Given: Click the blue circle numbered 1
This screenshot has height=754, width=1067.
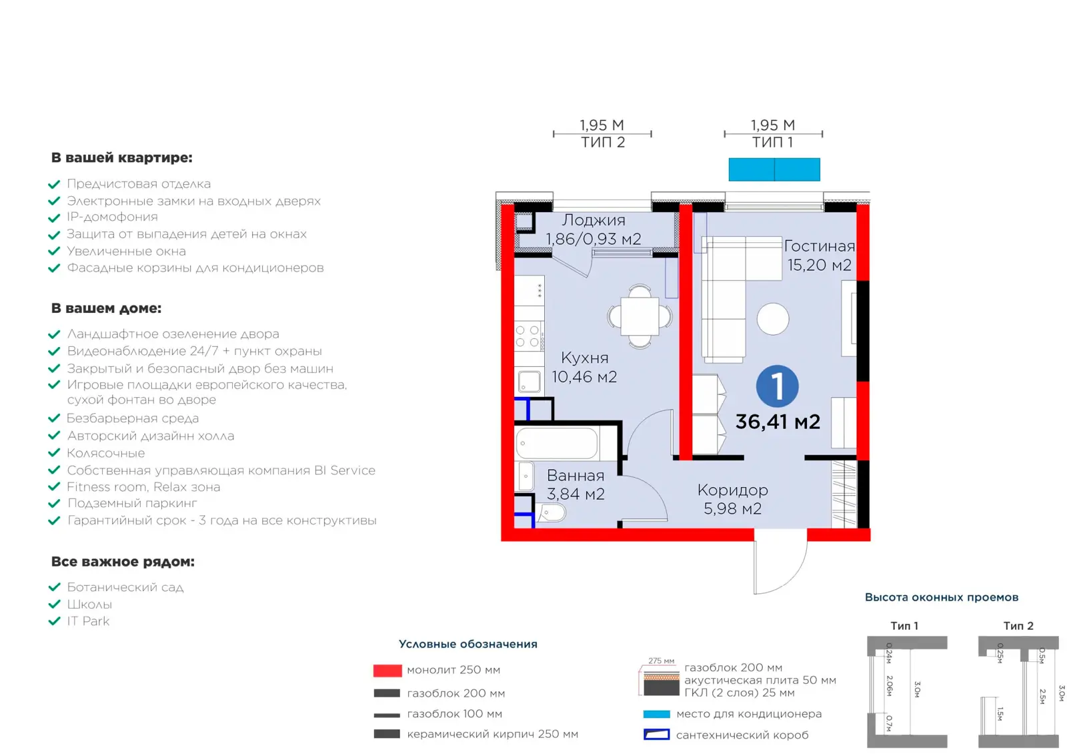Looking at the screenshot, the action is pos(777,386).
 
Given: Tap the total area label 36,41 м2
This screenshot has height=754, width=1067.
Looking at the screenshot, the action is pos(778,422).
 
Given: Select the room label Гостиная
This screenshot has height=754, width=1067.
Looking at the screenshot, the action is pos(820,246).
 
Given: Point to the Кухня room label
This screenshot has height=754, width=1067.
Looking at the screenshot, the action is pos(584,358).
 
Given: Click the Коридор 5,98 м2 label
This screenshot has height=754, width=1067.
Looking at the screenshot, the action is pos(733,499).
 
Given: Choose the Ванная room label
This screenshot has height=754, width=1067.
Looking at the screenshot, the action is pos(576,475).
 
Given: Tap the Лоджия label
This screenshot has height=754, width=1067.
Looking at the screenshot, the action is pos(593,220).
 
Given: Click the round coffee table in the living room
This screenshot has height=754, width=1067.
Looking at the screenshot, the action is pos(773,319).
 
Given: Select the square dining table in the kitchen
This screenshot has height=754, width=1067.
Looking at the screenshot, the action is pos(640,316).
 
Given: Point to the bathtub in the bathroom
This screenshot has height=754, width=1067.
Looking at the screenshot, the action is pos(557,443).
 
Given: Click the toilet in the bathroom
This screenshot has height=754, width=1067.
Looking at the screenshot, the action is pos(551,513).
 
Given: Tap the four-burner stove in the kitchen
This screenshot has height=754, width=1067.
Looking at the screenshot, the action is pos(528,336).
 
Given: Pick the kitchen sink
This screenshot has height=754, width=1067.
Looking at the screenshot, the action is pos(529,381).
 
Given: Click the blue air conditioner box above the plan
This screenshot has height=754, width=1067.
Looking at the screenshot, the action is pos(774,169).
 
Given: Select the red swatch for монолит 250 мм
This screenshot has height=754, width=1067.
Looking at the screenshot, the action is pos(387,671).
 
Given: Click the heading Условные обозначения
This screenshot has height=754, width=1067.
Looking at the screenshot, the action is pos(467,644).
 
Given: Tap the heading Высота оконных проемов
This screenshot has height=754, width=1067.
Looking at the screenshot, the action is pos(941,597).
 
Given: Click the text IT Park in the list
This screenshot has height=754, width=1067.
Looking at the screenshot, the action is pos(88,621).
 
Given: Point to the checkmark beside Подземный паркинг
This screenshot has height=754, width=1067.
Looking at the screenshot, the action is pos(54,503).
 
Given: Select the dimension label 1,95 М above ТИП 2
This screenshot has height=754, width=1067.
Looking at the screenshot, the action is pos(602,125).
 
